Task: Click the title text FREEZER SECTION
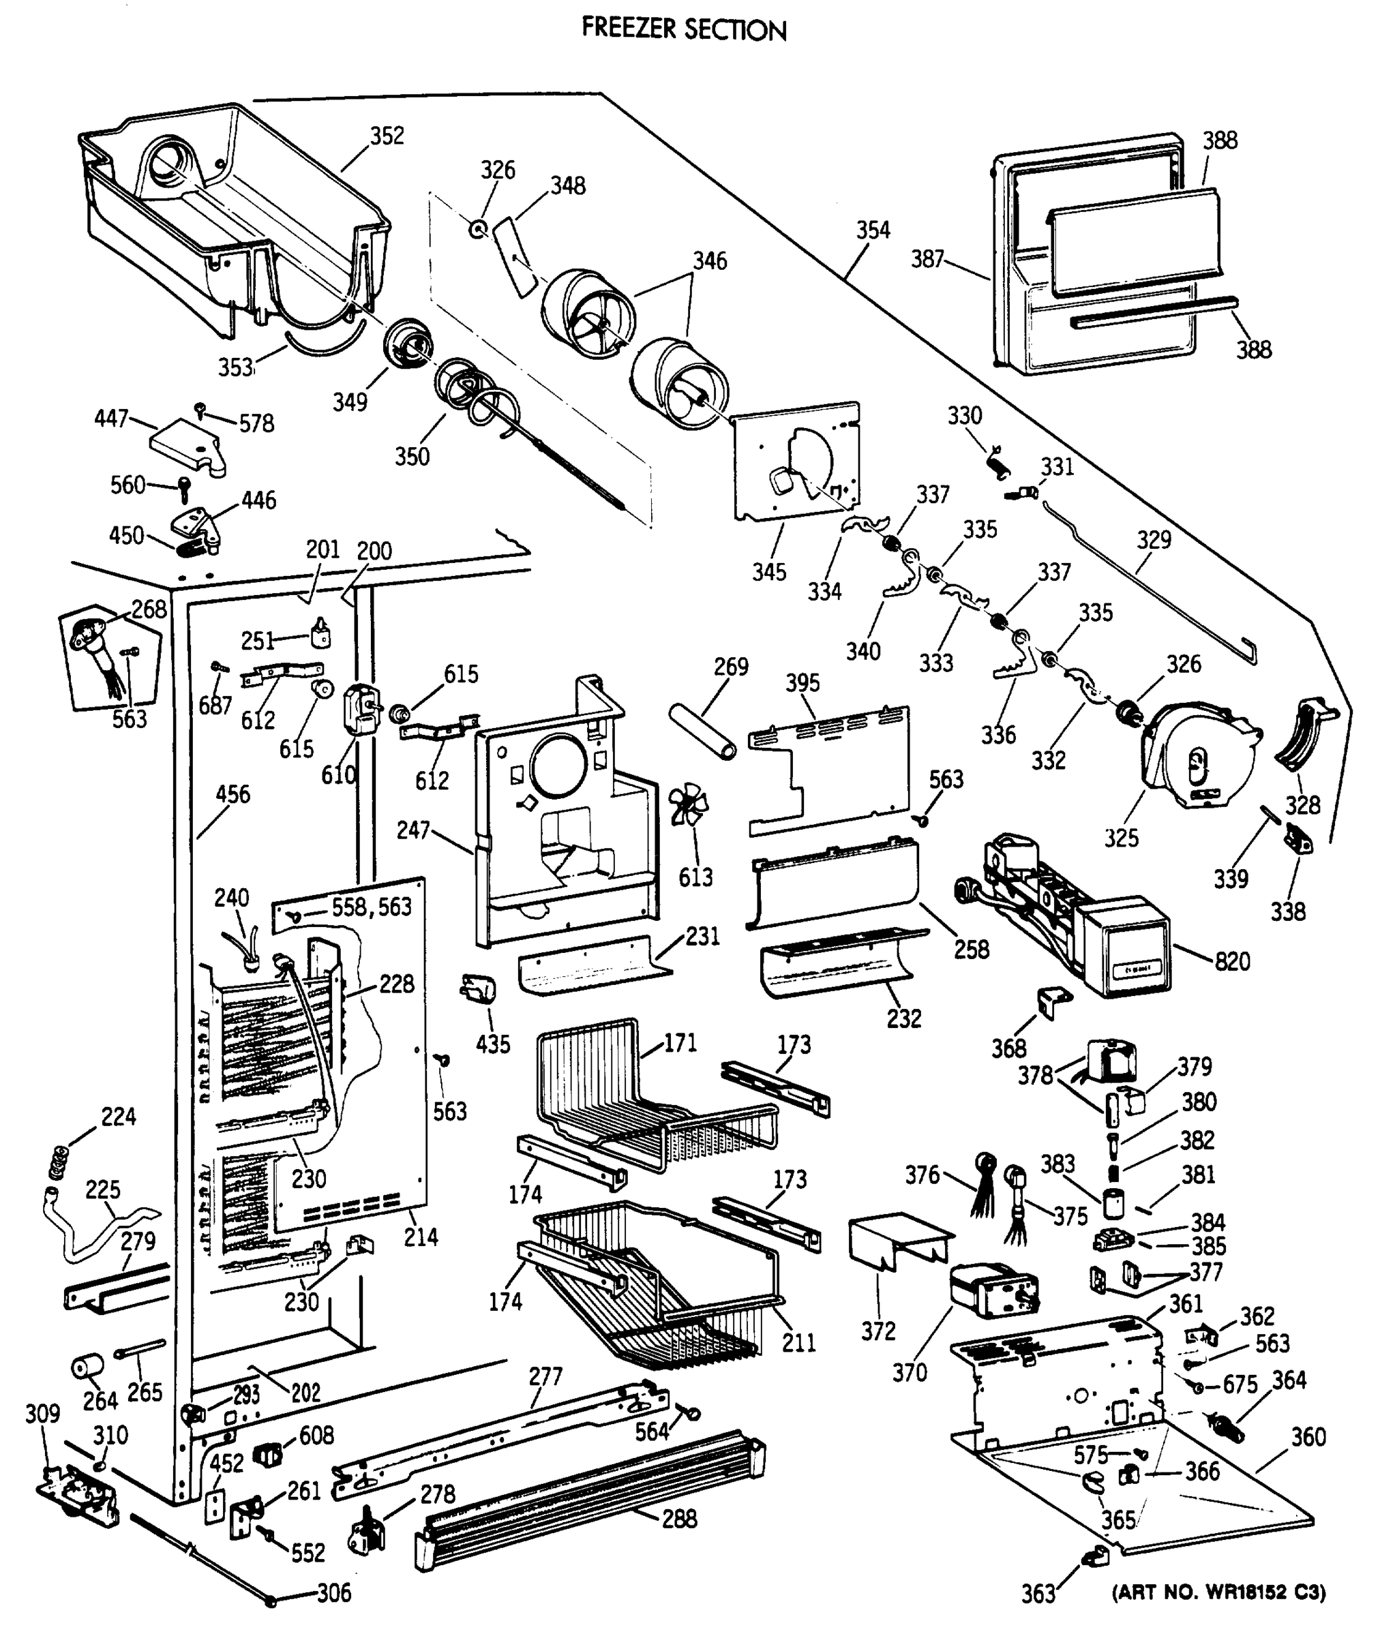684,30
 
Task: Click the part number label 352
387,136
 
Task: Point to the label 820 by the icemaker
1232,961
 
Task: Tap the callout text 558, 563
372,907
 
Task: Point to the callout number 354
872,230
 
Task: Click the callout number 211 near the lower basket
798,1343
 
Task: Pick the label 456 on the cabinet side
232,795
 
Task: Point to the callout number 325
1121,838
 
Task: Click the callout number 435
493,1044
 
